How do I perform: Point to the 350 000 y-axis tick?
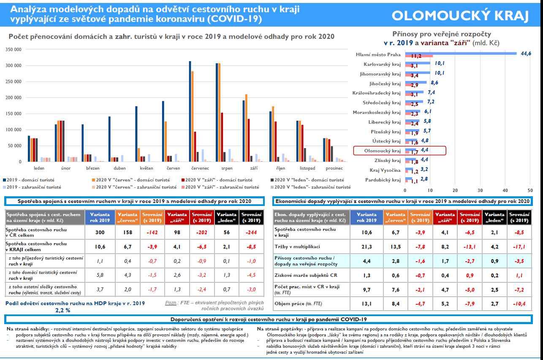[14, 50]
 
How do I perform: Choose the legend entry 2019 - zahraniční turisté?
[34, 187]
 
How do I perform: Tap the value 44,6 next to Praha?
[526, 54]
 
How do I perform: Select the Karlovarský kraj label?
[382, 65]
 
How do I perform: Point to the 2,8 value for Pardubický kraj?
[424, 179]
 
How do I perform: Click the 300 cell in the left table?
[100, 232]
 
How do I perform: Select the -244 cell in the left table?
[251, 232]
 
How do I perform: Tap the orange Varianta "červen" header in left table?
[128, 217]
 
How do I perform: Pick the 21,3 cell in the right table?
[367, 246]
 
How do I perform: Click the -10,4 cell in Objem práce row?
[519, 303]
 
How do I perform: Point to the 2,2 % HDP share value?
[62, 310]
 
